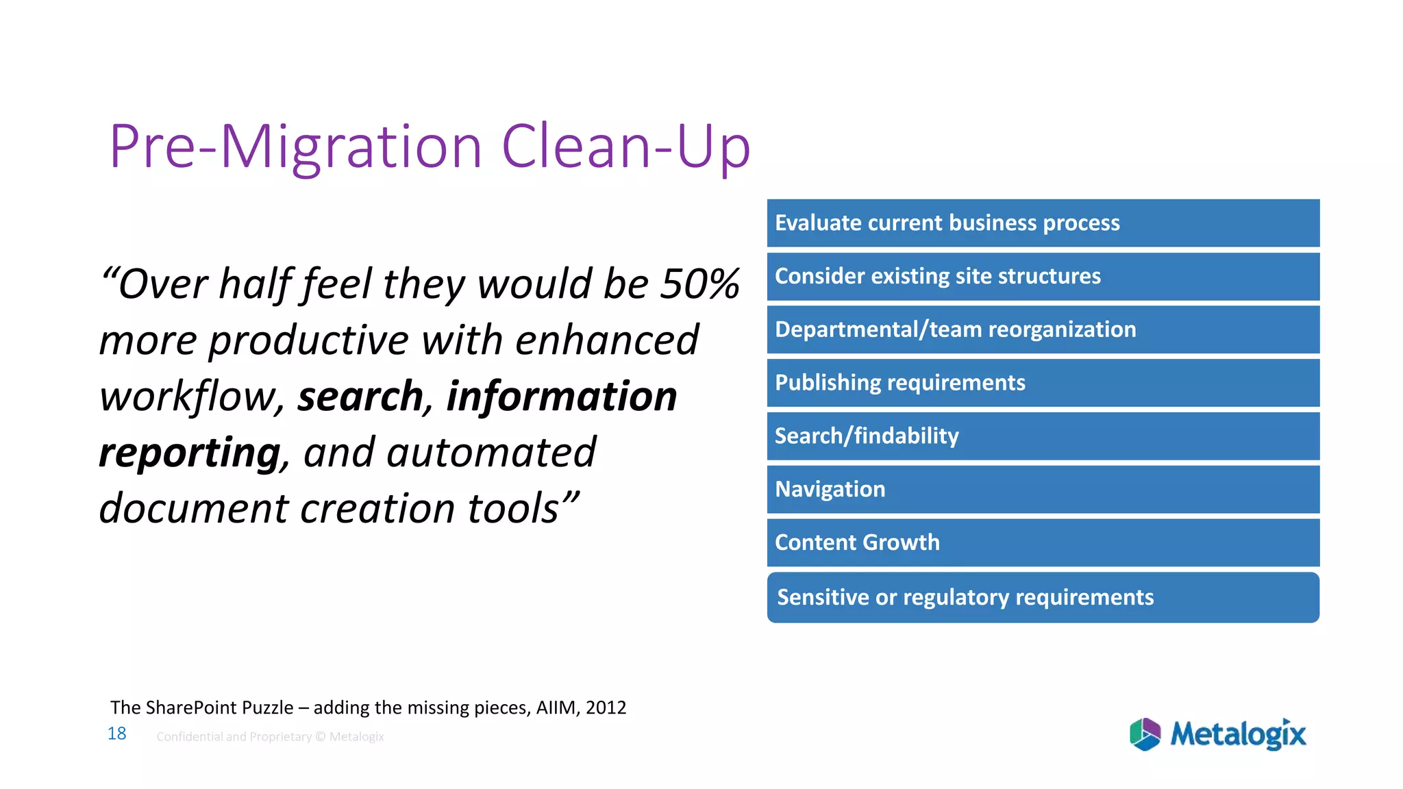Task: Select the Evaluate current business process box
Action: [x=1043, y=223]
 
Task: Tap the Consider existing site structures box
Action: [x=1043, y=277]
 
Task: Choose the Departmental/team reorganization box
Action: [x=1043, y=329]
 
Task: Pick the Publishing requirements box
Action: [x=1043, y=383]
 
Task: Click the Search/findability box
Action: [x=1043, y=436]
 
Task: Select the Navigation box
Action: [x=1043, y=489]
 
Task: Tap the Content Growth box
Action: [x=1043, y=542]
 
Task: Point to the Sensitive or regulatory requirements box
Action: [x=1043, y=597]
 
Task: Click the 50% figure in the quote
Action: [x=699, y=284]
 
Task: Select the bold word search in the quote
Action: [x=360, y=397]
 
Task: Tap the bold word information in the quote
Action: [x=562, y=397]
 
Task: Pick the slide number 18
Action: [x=117, y=734]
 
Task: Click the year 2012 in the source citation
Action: [x=606, y=707]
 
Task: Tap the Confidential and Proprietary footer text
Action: [x=270, y=737]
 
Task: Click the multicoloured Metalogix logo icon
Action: [x=1145, y=734]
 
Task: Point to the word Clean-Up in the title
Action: [x=626, y=147]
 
